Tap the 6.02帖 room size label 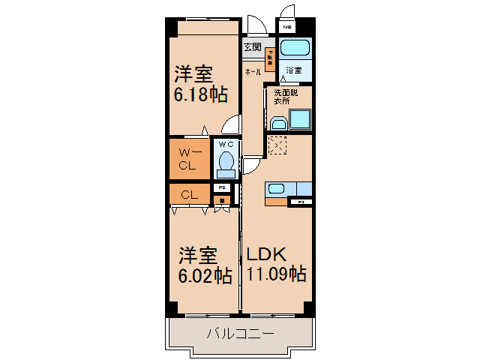point(204,276)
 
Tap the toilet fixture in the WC point(225,161)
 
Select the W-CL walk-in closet point(190,158)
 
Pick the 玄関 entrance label point(252,47)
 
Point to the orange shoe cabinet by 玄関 point(268,58)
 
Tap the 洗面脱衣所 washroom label point(285,97)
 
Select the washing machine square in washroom point(300,119)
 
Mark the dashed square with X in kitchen point(277,145)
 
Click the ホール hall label point(253,72)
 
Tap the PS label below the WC point(221,187)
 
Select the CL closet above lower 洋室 point(190,193)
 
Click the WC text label point(226,143)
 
